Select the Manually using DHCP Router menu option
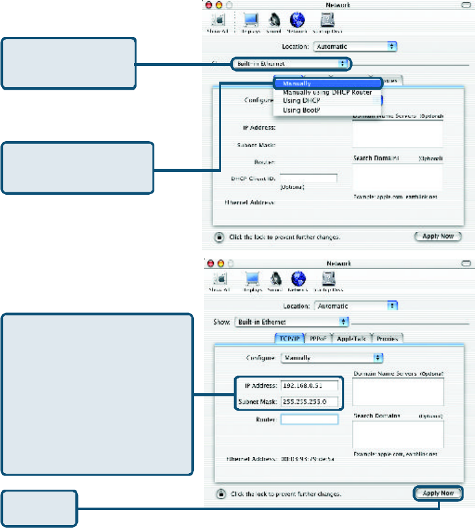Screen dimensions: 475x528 [327, 92]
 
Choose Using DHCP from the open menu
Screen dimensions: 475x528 [301, 101]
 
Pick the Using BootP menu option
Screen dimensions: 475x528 [301, 110]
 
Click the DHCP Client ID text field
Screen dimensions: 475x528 [309, 178]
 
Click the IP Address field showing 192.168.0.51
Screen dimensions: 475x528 [309, 386]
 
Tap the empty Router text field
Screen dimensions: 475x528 [309, 419]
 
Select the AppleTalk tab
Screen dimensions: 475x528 [351, 338]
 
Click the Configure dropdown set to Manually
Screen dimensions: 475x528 [332, 358]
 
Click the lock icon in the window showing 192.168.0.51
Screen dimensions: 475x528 [219, 494]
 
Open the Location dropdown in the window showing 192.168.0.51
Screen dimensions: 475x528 [356, 305]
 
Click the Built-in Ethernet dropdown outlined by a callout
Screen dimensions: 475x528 [290, 63]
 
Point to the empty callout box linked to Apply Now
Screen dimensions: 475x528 [40, 508]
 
